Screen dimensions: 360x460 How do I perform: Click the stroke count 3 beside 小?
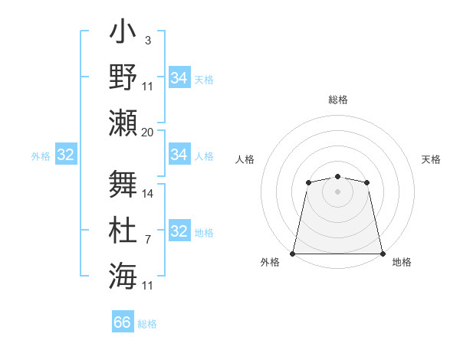point(148,40)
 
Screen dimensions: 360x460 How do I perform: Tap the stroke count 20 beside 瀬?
point(148,132)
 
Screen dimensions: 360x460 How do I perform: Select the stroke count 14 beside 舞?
point(148,194)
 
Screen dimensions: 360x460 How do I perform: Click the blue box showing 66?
point(123,322)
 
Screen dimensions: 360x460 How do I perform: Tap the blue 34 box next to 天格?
point(179,78)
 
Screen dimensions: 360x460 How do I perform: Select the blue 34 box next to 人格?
point(179,155)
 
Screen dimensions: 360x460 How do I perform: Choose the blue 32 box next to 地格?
point(179,231)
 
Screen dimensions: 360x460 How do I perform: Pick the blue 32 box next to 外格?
point(66,155)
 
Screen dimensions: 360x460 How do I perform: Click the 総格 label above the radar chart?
point(337,100)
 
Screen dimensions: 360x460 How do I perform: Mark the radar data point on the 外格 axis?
point(293,253)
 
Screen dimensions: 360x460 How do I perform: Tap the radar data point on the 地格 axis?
point(383,253)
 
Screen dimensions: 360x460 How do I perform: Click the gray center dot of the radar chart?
point(337,191)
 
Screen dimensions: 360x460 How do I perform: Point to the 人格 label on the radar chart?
point(245,159)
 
